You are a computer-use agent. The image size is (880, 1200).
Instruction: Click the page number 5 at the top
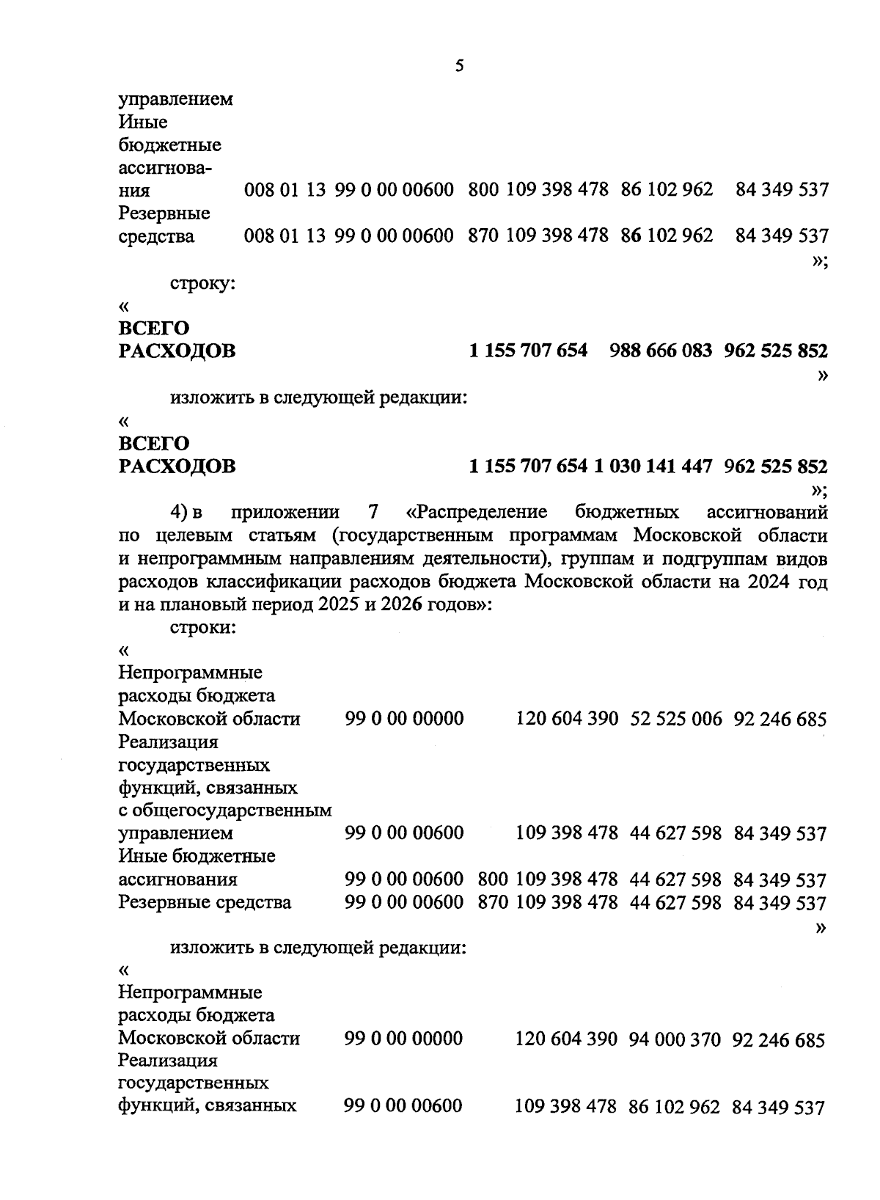[459, 66]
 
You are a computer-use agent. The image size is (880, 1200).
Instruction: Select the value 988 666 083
[660, 351]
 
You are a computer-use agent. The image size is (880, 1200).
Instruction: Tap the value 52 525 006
[675, 719]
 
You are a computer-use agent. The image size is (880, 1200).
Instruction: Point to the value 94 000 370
[675, 1040]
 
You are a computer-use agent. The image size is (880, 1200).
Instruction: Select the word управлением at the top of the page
[175, 99]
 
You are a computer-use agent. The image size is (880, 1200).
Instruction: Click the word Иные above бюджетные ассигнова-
[143, 122]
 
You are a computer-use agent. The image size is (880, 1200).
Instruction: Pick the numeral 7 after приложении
[369, 512]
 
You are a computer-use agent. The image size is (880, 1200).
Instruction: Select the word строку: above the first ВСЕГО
[202, 283]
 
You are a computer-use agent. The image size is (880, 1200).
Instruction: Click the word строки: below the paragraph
[202, 628]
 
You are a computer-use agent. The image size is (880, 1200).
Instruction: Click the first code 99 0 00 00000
[403, 719]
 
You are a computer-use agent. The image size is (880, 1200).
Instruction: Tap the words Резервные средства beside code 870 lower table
[205, 903]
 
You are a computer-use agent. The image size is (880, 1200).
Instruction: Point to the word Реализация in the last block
[168, 1061]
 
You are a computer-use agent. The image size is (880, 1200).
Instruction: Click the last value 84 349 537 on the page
[779, 1108]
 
